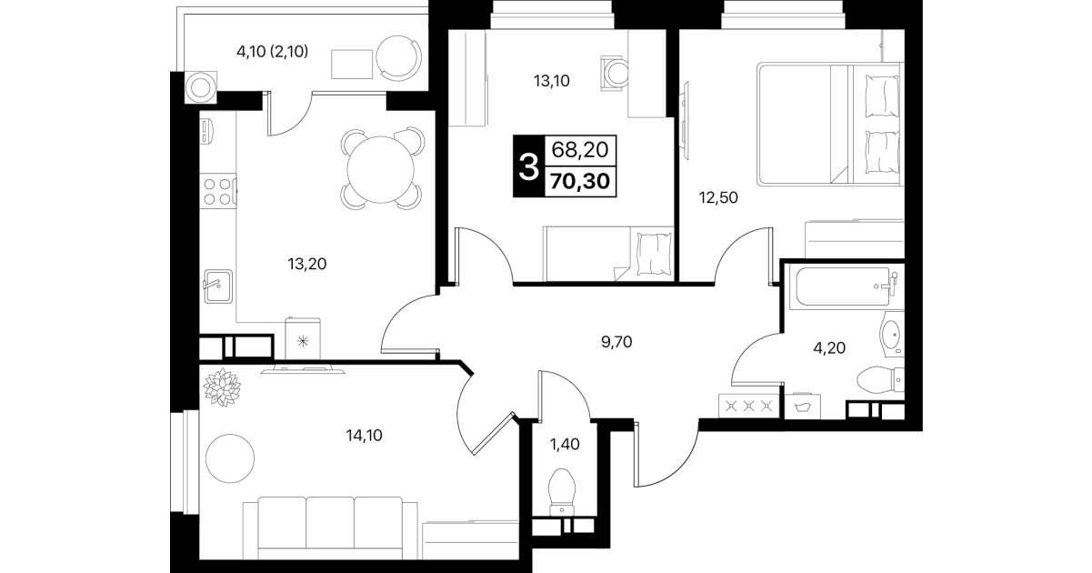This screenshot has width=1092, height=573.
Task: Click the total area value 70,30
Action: pos(580,181)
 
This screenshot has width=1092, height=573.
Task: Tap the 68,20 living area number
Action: pos(579,150)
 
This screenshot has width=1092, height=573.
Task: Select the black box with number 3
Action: pos(529,166)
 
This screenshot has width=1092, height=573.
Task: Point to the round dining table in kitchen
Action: pos(381,169)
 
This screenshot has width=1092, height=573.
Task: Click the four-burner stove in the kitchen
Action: pos(218,191)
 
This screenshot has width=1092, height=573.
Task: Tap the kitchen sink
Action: pos(218,286)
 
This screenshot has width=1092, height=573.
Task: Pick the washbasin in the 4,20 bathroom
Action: pos(892,335)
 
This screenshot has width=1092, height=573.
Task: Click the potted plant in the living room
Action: pos(222,387)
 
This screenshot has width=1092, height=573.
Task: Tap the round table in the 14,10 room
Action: pos(230,458)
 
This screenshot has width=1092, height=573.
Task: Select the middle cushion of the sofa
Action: pos(330,522)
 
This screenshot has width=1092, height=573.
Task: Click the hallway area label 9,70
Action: pos(616,342)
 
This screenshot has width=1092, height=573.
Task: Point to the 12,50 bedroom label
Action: pos(718,197)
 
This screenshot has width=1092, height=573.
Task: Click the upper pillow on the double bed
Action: pos(881,95)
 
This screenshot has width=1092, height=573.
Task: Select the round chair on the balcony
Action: pos(398,58)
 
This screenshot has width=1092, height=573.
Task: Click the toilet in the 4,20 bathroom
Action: pos(880,380)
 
